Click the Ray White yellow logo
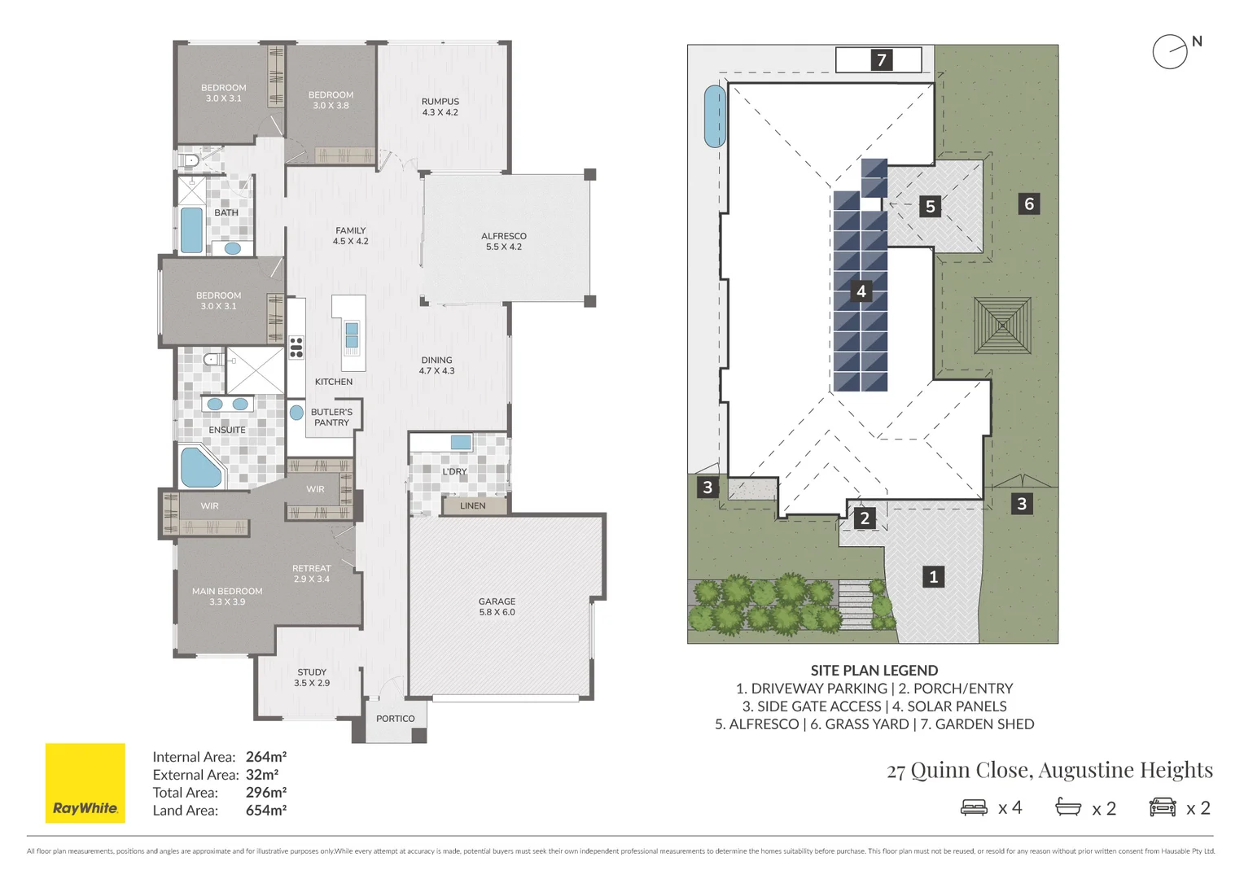tap(85, 782)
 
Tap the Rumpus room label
tap(440, 107)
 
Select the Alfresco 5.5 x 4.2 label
tap(503, 241)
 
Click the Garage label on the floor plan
tap(497, 606)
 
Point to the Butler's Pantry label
tap(331, 417)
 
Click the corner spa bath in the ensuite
tap(199, 467)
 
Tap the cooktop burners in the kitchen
tap(296, 348)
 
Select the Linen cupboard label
tap(472, 505)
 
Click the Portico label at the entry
tap(395, 719)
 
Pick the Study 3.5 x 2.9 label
tap(312, 677)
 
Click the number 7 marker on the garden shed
tap(881, 60)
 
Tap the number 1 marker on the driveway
tap(933, 577)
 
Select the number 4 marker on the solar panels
tap(861, 291)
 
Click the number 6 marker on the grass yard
tap(1029, 203)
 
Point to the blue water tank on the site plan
tap(715, 116)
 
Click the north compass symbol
tap(1171, 52)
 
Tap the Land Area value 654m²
tap(266, 811)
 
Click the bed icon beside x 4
tap(974, 807)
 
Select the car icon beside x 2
tap(1163, 807)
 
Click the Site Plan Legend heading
tap(874, 671)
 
